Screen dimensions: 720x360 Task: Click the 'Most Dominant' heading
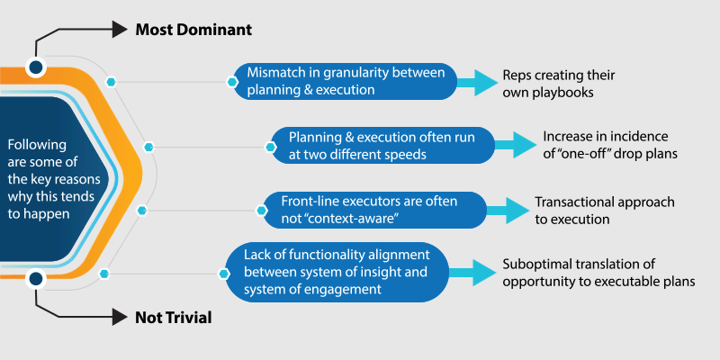pyautogui.click(x=193, y=30)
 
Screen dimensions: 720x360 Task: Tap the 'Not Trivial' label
pyautogui.click(x=174, y=318)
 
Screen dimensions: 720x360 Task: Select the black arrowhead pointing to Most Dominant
pyautogui.click(x=120, y=30)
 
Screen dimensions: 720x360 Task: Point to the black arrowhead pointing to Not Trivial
pyautogui.click(x=120, y=317)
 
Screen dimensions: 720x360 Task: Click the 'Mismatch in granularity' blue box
pyautogui.click(x=346, y=81)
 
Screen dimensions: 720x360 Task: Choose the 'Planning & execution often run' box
pyautogui.click(x=383, y=146)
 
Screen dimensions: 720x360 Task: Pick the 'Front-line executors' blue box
pyautogui.click(x=374, y=210)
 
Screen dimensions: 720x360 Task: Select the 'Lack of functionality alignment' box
pyautogui.click(x=337, y=273)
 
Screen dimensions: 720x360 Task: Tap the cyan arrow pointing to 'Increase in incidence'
pyautogui.click(x=515, y=146)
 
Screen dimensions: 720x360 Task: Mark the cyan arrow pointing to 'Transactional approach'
pyautogui.click(x=508, y=210)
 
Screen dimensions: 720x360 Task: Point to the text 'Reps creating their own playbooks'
pyautogui.click(x=558, y=84)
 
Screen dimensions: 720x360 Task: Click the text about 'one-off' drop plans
pyautogui.click(x=610, y=145)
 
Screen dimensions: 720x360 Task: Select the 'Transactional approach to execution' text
pyautogui.click(x=605, y=211)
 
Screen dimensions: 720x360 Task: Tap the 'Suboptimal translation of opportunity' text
pyautogui.click(x=598, y=273)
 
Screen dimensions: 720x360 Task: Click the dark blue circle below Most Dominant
pyautogui.click(x=35, y=67)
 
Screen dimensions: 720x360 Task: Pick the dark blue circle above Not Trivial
pyautogui.click(x=35, y=279)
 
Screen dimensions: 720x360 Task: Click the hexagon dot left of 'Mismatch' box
pyautogui.click(x=232, y=82)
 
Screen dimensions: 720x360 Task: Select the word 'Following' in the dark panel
pyautogui.click(x=37, y=146)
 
